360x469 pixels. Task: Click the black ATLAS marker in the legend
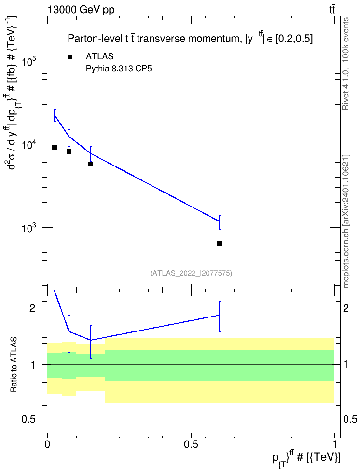coord(70,57)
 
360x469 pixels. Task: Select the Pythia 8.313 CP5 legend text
coord(119,69)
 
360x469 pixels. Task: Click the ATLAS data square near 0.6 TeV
coord(220,244)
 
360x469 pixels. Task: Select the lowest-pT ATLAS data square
coord(55,148)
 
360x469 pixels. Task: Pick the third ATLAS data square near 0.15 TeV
coord(91,164)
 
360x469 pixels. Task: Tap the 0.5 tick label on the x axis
coord(191,444)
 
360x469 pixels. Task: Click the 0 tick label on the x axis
coord(47,444)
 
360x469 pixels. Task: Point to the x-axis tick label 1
coord(335,444)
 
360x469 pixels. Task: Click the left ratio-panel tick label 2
coord(33,308)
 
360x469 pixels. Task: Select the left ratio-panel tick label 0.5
coord(29,420)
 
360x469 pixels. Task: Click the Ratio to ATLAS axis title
coord(14,365)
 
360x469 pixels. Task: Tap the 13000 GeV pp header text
coord(81,10)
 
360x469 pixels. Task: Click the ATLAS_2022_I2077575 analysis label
coord(191,273)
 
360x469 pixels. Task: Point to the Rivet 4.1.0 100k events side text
coord(346,64)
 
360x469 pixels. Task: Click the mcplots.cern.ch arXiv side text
coord(346,221)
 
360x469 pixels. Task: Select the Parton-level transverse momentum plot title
coord(190,38)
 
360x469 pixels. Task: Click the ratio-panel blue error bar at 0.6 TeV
coord(220,317)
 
